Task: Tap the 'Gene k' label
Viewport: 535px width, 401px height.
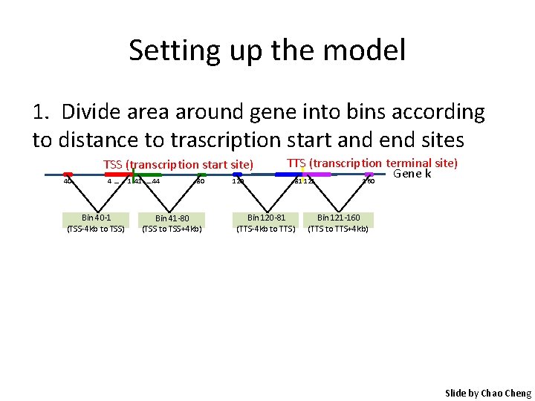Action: (412, 174)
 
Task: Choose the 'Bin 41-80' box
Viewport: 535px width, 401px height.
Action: (172, 223)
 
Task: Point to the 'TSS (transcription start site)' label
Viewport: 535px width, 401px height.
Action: (178, 165)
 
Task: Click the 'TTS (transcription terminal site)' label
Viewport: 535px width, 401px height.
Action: (372, 163)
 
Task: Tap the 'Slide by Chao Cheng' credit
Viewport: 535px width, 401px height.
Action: (488, 393)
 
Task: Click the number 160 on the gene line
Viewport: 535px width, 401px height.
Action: (367, 181)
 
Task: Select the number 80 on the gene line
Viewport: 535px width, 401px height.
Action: (200, 181)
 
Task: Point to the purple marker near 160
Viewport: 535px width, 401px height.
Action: (369, 175)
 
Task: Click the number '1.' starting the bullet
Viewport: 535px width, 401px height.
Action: (42, 113)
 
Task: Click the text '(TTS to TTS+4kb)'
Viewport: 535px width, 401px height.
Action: (338, 229)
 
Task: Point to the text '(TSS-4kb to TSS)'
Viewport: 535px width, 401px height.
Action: (96, 229)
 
